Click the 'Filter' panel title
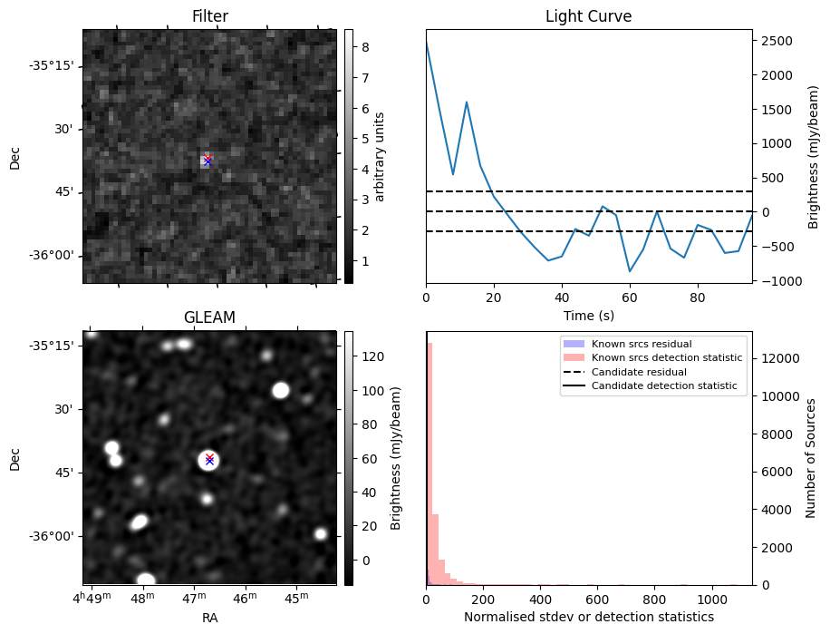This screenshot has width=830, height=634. pos(209,16)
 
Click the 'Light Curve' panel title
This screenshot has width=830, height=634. pos(588,16)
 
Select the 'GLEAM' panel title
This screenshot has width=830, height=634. pos(209,317)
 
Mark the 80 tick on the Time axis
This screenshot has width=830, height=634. pos(698,297)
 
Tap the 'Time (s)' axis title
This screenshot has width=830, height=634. pos(588,314)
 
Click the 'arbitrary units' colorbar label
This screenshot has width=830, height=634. pos(381,156)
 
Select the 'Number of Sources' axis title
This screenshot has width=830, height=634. pos(812,458)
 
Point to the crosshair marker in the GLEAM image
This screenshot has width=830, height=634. pos(209,459)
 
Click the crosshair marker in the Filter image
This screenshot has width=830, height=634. pos(207,160)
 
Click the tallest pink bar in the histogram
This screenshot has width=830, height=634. pos(429,463)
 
